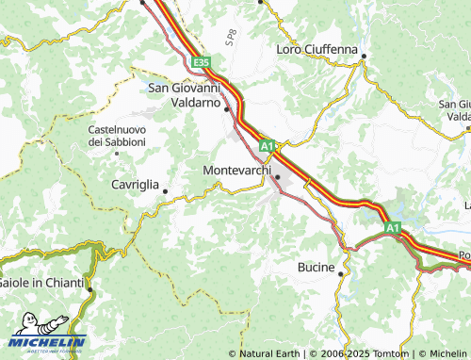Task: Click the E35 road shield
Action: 199,62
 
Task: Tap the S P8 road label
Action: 230,38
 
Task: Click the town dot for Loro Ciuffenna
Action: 364,57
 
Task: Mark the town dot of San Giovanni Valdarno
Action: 227,109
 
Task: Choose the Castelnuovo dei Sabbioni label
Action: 117,135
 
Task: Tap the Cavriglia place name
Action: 135,185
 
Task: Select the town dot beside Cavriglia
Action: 166,191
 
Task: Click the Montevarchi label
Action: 235,170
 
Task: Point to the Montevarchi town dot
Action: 277,176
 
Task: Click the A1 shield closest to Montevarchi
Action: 268,146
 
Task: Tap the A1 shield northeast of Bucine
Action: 391,227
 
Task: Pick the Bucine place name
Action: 316,268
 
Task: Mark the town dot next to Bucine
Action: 341,272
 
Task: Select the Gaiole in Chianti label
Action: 41,283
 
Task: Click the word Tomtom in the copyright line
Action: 389,353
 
